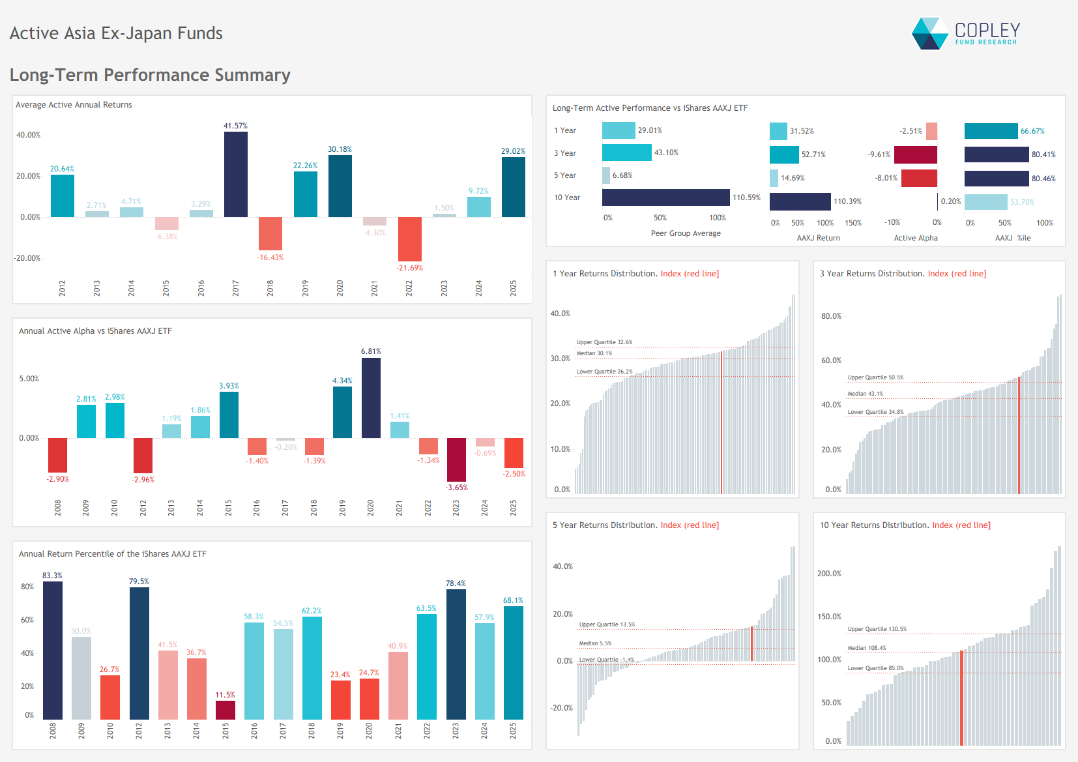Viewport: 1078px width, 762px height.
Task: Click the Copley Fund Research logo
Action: tap(965, 33)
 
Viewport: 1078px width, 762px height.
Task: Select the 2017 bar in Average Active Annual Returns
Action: tap(235, 174)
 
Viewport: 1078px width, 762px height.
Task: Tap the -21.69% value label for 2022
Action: tap(409, 268)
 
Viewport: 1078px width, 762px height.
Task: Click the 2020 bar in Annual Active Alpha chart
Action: tap(371, 398)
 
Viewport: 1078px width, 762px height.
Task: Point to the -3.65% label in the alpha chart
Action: tap(456, 488)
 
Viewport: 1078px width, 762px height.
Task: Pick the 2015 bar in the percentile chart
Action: tap(225, 710)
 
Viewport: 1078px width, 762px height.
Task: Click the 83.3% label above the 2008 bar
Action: tap(52, 576)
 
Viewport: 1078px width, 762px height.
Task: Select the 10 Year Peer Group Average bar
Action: tap(665, 198)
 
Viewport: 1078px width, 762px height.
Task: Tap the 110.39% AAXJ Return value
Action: tap(847, 201)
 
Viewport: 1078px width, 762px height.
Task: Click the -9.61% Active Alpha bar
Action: tap(915, 154)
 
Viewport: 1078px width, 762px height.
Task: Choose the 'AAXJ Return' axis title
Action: tap(818, 238)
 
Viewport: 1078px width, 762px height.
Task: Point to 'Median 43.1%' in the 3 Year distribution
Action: tap(865, 394)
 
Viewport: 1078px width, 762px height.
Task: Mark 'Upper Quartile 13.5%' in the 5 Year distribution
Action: tap(607, 624)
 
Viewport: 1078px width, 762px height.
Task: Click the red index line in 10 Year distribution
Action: tap(961, 697)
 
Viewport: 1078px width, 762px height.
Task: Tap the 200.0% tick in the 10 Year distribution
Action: tap(829, 574)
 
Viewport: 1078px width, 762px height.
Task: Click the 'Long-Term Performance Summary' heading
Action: tap(150, 75)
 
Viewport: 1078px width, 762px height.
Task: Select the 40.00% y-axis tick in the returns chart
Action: tap(28, 135)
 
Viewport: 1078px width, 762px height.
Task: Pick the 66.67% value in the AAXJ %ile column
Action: tap(1032, 131)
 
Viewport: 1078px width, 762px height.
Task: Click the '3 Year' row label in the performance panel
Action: tap(565, 153)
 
